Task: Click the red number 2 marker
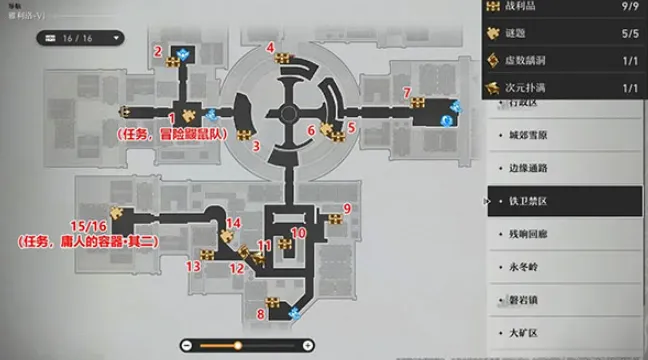(x=157, y=51)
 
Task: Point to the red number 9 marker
(x=347, y=208)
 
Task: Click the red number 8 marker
(x=261, y=315)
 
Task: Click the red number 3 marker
(x=257, y=146)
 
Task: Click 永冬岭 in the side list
(x=520, y=266)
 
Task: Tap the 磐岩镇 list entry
(x=520, y=299)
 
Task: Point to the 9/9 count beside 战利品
(x=620, y=8)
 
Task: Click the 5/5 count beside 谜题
(x=620, y=35)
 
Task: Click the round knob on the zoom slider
(x=238, y=346)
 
